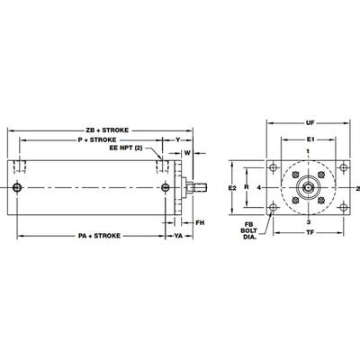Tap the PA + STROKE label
[x=89, y=236]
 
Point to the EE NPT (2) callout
[x=126, y=149]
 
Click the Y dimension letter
[x=177, y=140]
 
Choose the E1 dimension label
[x=310, y=141]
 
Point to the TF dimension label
[x=310, y=232]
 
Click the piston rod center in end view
[x=309, y=187]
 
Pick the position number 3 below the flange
[x=308, y=220]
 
